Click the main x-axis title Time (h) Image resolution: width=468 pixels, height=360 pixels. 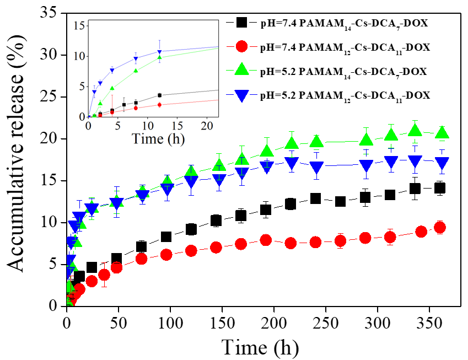coord(260,347)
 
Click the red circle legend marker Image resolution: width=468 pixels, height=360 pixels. coord(241,47)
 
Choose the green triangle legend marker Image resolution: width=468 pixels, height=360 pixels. coord(241,71)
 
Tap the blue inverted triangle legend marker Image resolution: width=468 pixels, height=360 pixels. coord(241,95)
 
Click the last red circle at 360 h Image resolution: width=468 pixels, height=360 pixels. coord(440,227)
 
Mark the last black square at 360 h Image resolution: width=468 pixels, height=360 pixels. coord(440,188)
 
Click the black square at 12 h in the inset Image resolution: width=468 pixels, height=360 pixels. coord(160,95)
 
